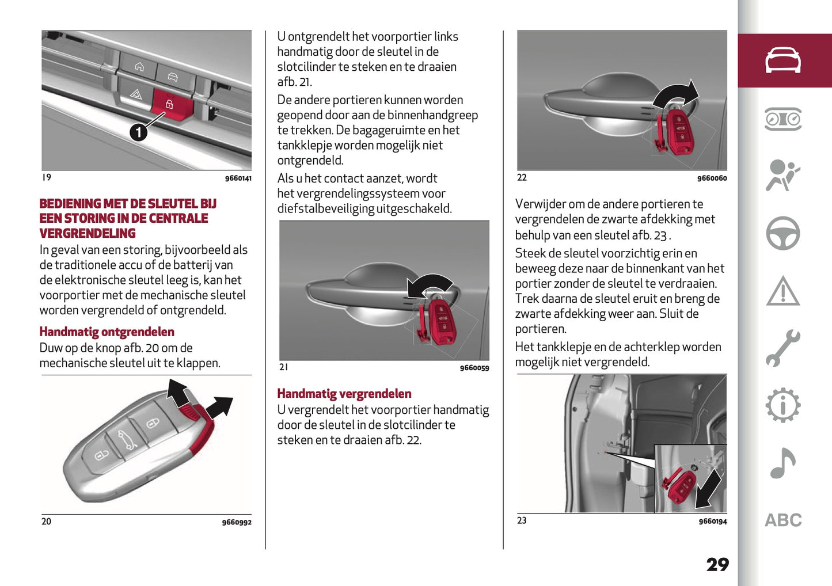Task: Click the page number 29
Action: (717, 565)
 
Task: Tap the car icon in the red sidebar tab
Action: (782, 60)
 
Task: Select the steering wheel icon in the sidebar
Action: (782, 233)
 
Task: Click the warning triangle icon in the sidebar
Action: (782, 291)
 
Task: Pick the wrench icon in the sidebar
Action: (782, 348)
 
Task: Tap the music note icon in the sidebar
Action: (782, 463)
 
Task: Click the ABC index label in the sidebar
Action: (783, 520)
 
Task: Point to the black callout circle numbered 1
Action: (138, 133)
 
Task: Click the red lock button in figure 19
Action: (169, 105)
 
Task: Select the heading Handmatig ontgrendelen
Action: (107, 332)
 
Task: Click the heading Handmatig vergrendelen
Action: (344, 394)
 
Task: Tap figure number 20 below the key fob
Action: (46, 522)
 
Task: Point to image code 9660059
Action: (474, 368)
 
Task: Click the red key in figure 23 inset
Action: (679, 486)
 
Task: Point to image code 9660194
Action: (712, 522)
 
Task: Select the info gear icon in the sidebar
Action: (782, 406)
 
